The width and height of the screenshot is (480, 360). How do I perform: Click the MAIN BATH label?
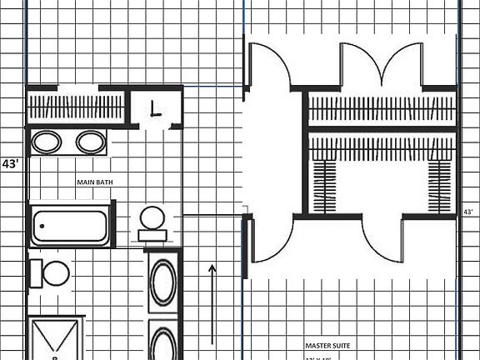click(x=96, y=181)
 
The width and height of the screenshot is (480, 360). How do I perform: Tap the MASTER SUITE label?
click(x=327, y=345)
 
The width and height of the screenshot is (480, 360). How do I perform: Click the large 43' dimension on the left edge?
click(x=12, y=164)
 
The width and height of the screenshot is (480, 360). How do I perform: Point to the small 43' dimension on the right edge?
click(x=469, y=212)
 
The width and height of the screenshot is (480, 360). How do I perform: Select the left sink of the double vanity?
click(x=47, y=142)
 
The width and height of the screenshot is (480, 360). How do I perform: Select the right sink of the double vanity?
click(x=90, y=142)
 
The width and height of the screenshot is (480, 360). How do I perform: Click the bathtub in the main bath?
click(x=71, y=226)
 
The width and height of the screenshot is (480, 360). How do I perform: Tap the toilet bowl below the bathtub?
click(x=55, y=272)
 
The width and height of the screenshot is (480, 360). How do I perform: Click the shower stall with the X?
click(x=55, y=339)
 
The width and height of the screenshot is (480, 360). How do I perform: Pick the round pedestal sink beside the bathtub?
click(x=152, y=219)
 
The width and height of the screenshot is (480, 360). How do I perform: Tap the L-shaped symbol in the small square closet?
click(x=156, y=107)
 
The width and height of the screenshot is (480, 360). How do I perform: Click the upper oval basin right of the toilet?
click(x=163, y=282)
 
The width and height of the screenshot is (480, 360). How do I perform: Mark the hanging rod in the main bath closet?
click(x=77, y=107)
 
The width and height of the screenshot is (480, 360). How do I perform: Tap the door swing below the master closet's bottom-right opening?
click(x=383, y=237)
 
